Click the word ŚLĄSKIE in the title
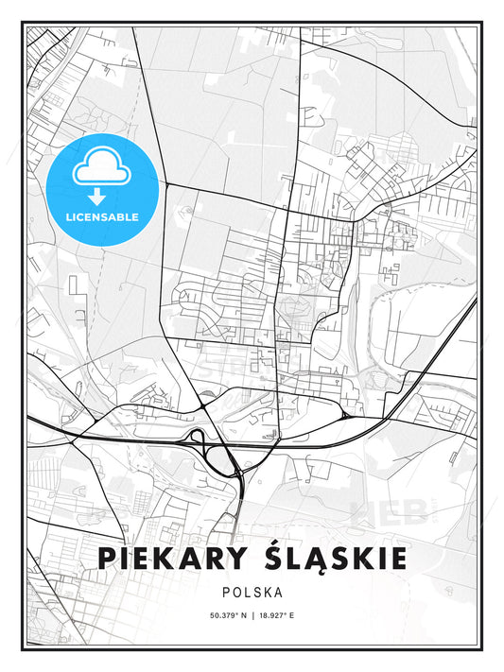click(330, 558)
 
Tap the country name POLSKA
click(252, 594)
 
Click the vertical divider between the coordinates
click(252, 616)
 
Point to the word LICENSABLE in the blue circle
click(101, 216)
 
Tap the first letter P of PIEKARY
click(106, 559)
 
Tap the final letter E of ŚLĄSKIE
click(398, 559)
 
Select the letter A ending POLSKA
click(280, 594)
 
